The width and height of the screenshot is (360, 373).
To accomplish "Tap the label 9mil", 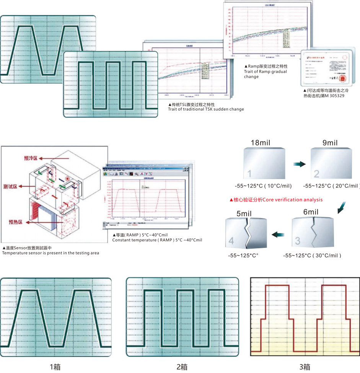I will click(x=329, y=143).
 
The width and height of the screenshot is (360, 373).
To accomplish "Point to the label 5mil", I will click(x=244, y=215).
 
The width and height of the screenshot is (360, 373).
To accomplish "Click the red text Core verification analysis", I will click(x=276, y=200).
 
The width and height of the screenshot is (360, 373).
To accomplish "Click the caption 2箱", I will click(x=182, y=367).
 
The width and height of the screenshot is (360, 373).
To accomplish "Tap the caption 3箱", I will click(x=305, y=367).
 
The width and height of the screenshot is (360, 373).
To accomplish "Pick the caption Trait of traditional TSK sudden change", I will click(x=206, y=109).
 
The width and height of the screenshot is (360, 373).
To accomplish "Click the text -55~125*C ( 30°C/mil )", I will click(x=312, y=255).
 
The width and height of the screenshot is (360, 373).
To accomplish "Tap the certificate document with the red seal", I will click(x=329, y=68).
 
